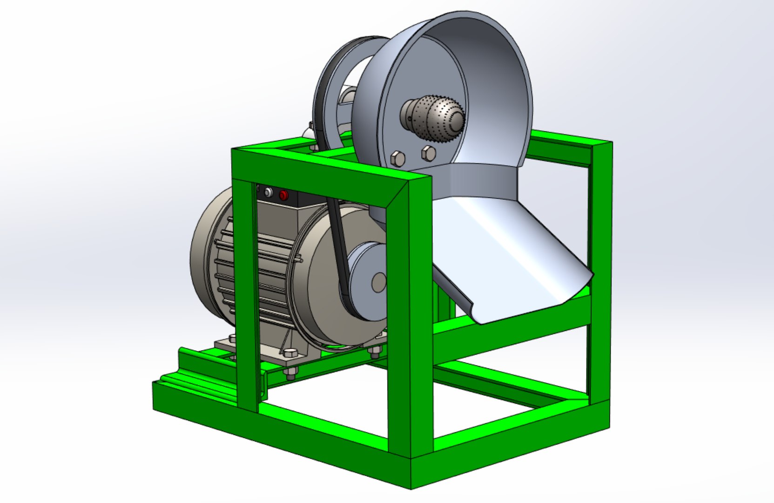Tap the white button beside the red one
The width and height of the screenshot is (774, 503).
(268, 192)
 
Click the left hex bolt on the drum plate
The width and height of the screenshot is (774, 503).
(398, 159)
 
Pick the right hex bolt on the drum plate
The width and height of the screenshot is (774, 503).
(428, 153)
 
